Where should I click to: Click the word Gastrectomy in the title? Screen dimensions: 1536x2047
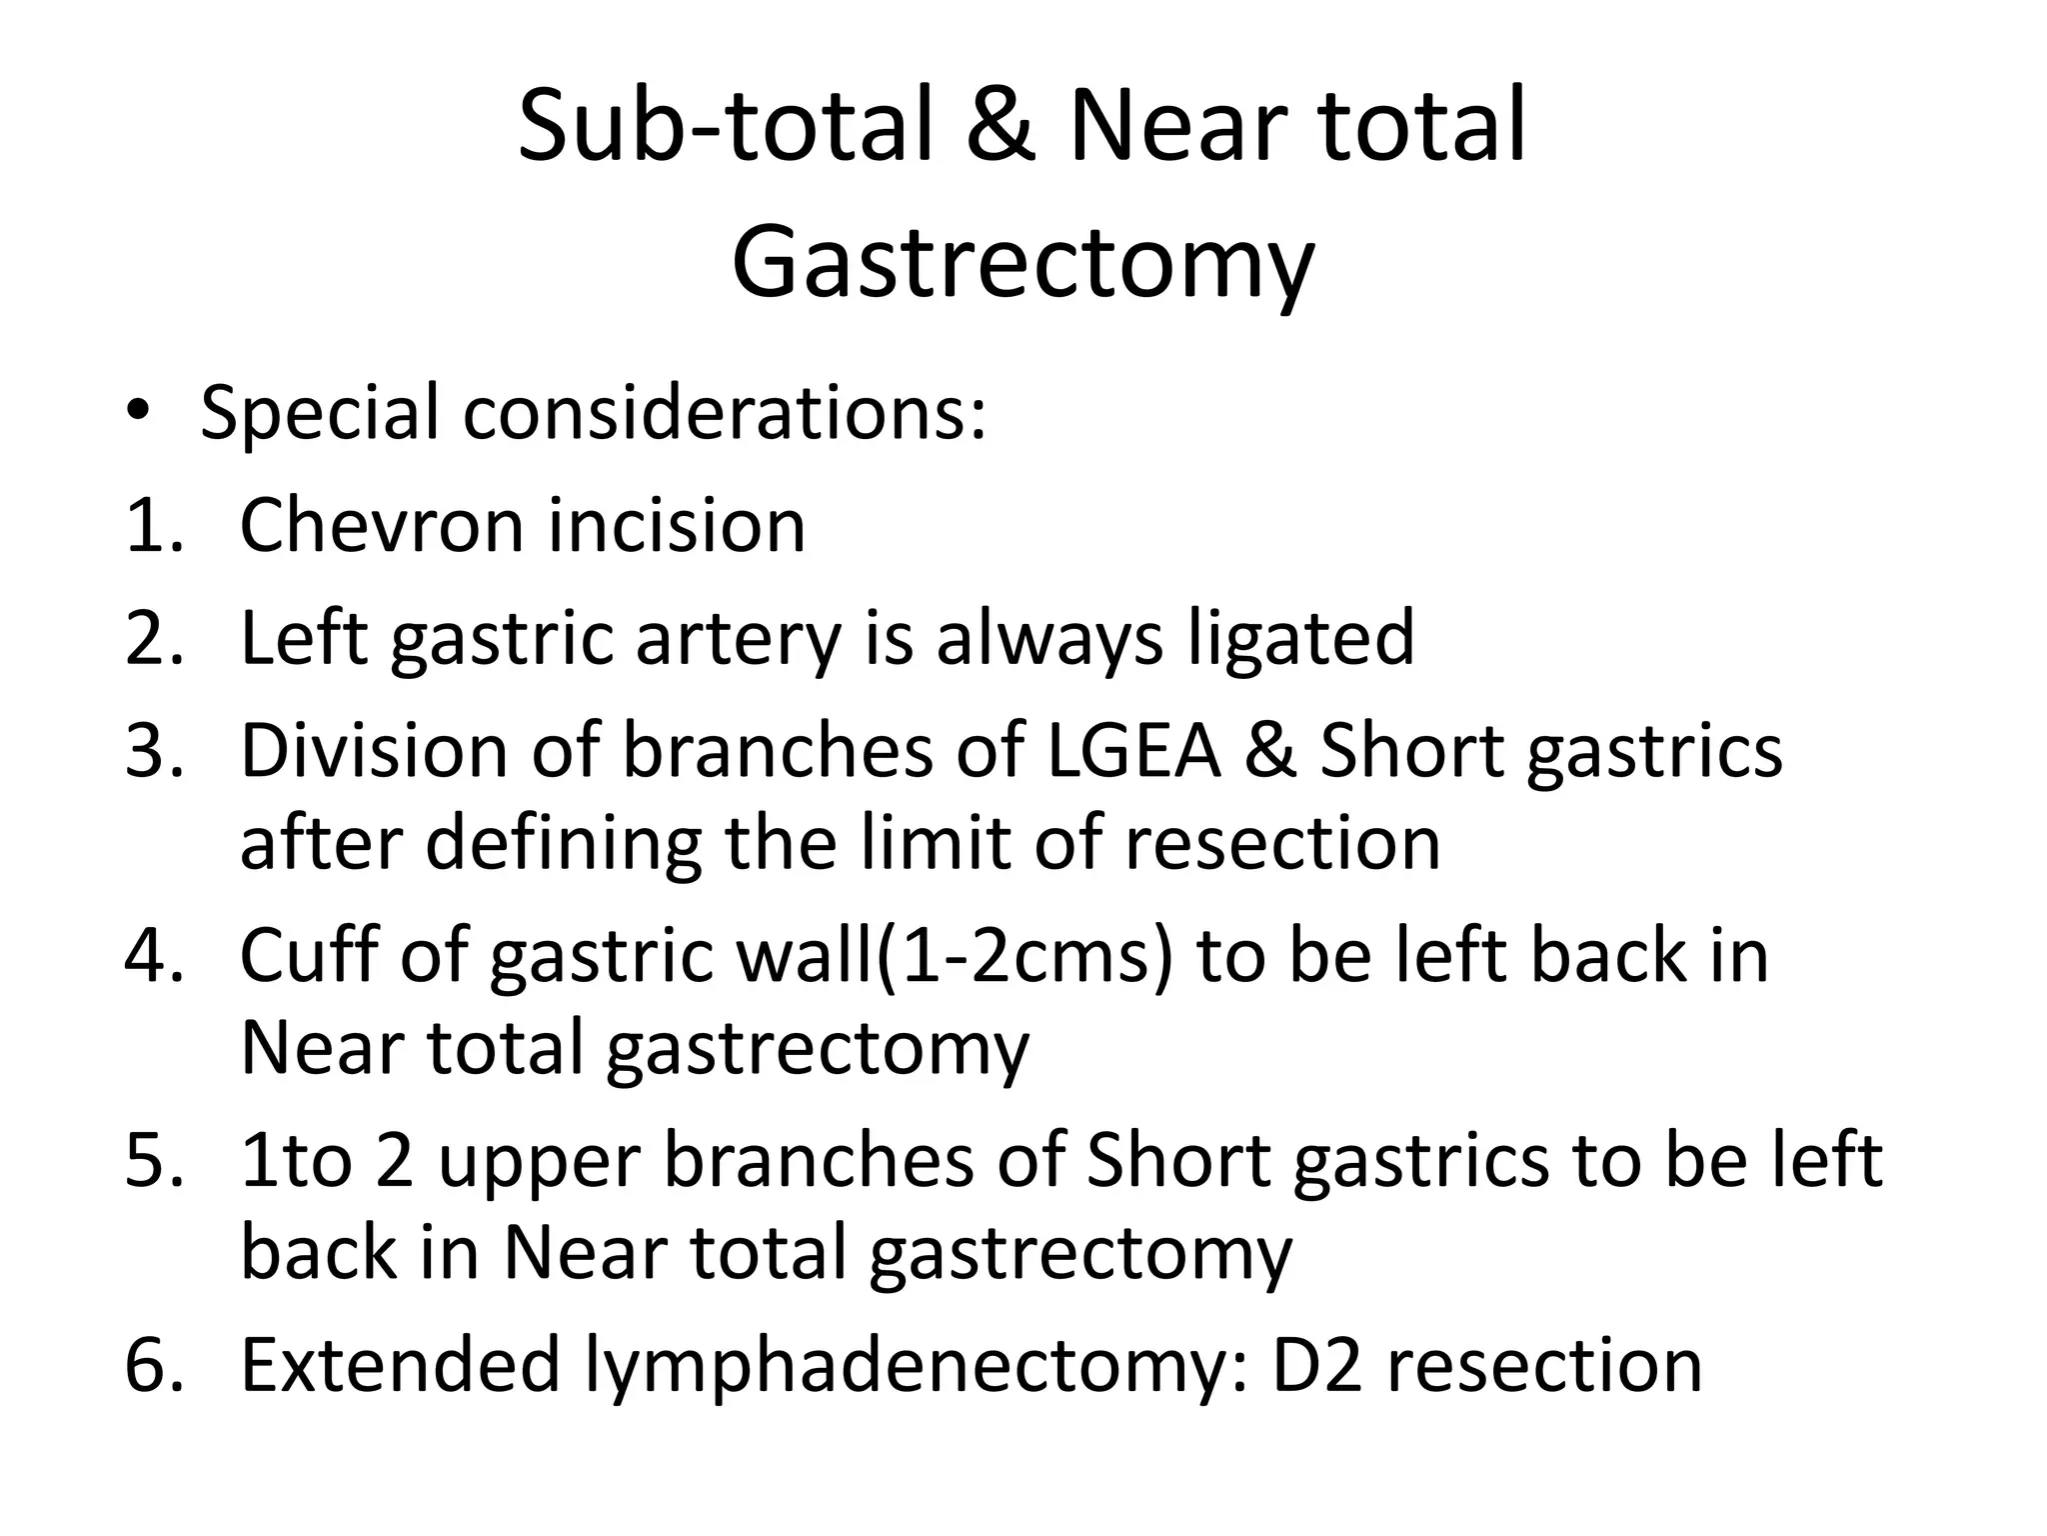point(1022,263)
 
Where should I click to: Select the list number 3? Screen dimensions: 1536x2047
point(153,751)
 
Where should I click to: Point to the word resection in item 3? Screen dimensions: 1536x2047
point(1282,843)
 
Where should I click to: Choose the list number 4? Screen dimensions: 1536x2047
point(153,957)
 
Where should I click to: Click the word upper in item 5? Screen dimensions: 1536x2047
point(539,1161)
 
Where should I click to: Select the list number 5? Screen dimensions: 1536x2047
point(153,1161)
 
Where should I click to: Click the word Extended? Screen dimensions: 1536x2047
point(400,1365)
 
